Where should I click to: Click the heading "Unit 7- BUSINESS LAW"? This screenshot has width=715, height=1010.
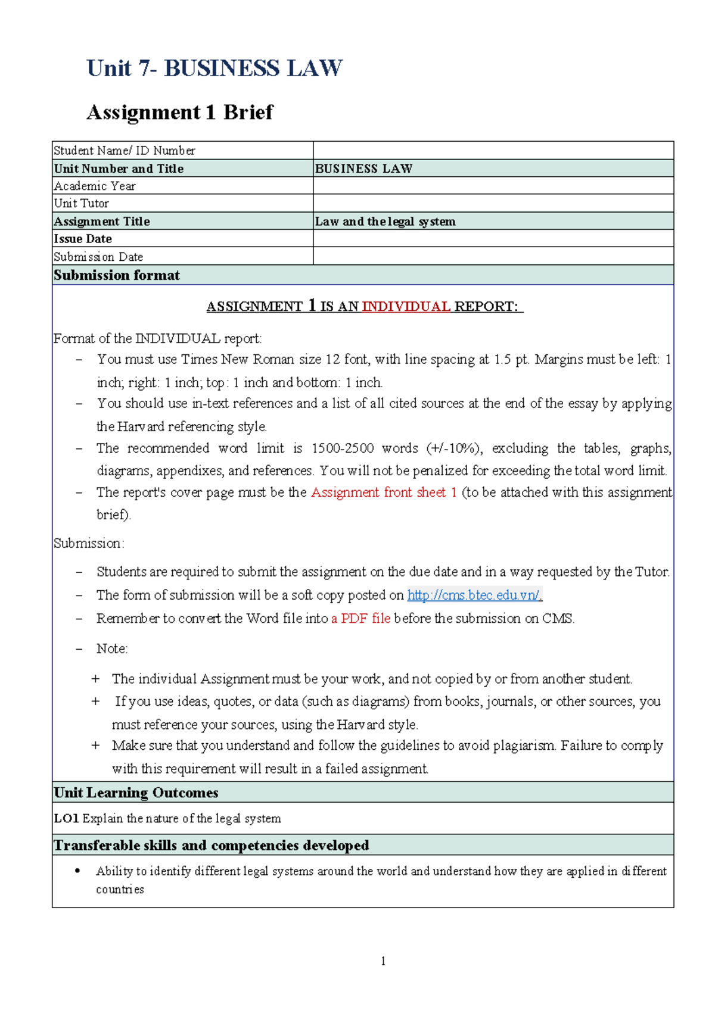(x=214, y=68)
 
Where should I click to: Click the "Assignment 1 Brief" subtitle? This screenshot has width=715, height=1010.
(x=179, y=112)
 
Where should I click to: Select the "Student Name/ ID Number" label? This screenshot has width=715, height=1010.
(x=125, y=151)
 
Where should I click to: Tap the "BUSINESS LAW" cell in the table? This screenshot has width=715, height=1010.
(x=363, y=169)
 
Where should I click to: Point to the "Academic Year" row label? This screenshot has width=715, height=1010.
(x=95, y=186)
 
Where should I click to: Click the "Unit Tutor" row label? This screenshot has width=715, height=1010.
(x=82, y=203)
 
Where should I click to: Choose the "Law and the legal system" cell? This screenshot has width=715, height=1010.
(x=385, y=222)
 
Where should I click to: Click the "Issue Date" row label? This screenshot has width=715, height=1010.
(x=83, y=239)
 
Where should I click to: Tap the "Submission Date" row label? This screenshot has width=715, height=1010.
(x=98, y=257)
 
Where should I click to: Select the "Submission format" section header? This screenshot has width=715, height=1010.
(x=117, y=275)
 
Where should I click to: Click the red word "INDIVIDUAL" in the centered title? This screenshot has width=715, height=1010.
(x=406, y=307)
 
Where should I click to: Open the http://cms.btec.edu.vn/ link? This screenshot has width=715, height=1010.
(x=474, y=595)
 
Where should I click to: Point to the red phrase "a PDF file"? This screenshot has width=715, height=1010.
(x=361, y=619)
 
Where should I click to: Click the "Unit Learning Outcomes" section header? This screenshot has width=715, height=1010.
(x=136, y=793)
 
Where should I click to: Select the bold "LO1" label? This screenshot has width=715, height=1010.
(x=66, y=819)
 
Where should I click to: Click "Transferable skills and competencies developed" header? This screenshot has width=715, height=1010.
(x=212, y=846)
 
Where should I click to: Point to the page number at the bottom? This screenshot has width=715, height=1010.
(x=383, y=961)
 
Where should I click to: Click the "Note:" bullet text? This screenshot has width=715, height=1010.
(x=112, y=649)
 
